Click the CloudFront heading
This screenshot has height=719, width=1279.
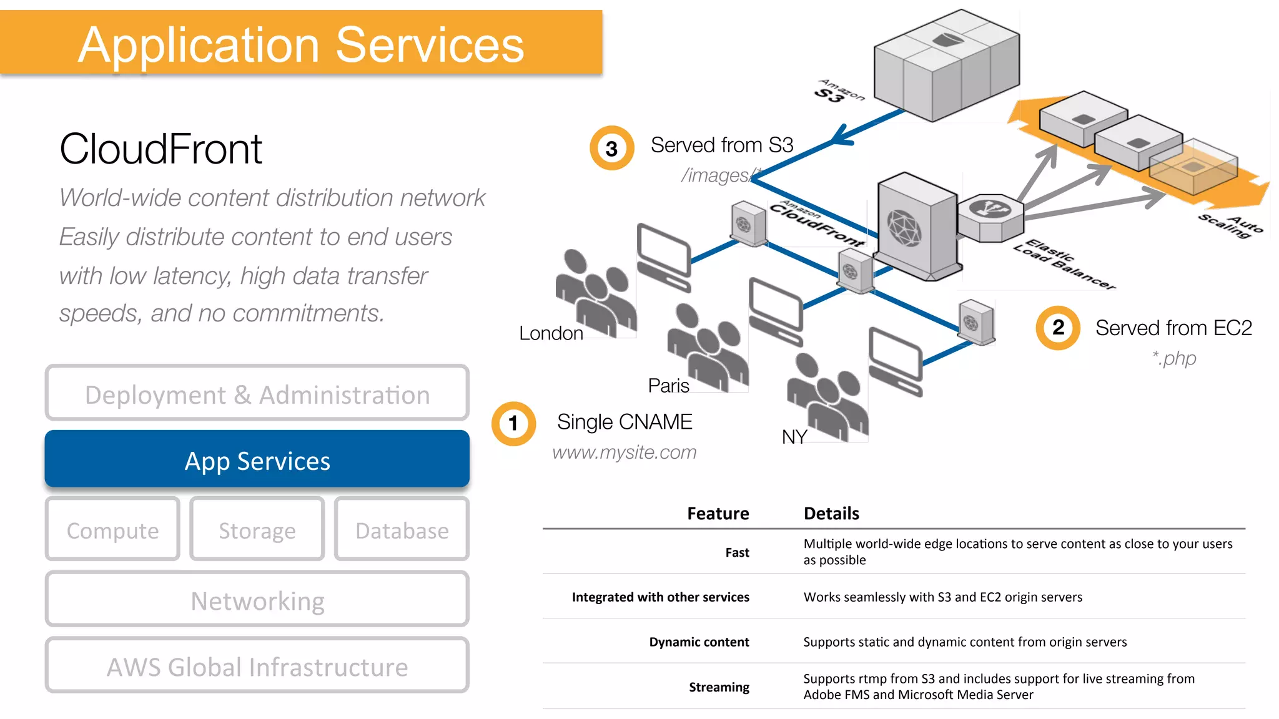click(x=160, y=149)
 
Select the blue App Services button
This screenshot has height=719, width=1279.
click(x=257, y=460)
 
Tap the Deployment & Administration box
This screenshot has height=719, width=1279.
click(x=257, y=394)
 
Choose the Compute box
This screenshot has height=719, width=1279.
click(x=112, y=530)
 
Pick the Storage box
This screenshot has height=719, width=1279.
click(x=257, y=530)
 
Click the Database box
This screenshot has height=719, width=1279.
click(x=402, y=530)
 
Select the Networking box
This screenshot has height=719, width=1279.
click(x=257, y=600)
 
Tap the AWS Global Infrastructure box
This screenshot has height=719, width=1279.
click(x=257, y=666)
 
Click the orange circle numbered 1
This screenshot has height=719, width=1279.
click(x=513, y=424)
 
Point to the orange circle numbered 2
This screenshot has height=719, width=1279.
click(x=1058, y=328)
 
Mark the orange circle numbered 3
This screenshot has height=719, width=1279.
click(x=611, y=149)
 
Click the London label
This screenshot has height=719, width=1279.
click(x=551, y=333)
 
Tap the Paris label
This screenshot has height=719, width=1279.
click(x=668, y=386)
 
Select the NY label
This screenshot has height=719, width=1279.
click(x=794, y=437)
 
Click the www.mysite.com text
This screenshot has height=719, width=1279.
click(x=624, y=452)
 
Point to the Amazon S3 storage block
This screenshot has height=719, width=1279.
click(x=946, y=66)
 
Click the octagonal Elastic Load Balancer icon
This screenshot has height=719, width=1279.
click(x=990, y=217)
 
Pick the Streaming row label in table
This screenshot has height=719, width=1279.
click(x=719, y=687)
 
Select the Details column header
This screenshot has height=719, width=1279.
click(x=831, y=513)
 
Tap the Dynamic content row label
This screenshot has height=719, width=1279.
click(x=699, y=642)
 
